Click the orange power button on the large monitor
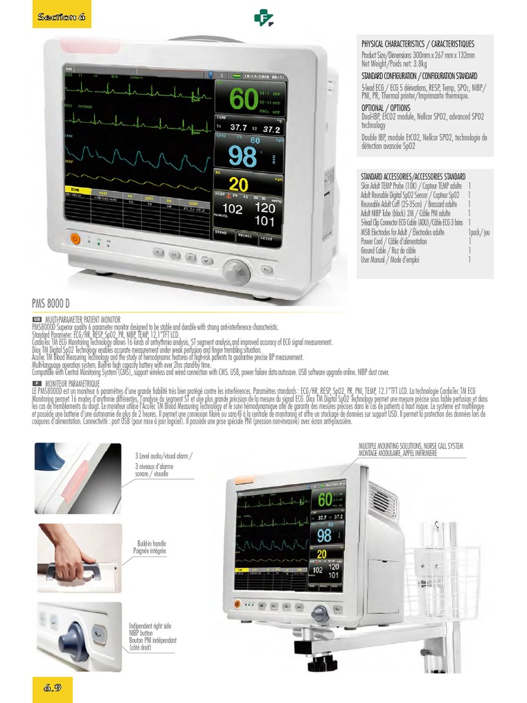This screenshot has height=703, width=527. (76, 239)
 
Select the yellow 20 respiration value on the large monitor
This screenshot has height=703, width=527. (239, 185)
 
